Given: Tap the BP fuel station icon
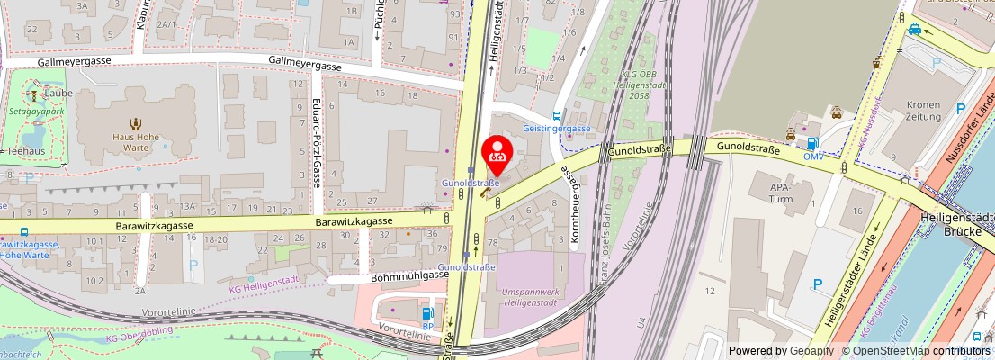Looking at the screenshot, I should tap(427, 313).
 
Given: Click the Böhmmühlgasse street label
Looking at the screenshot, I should tap(409, 277).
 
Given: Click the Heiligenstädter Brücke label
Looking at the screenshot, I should tap(956, 223).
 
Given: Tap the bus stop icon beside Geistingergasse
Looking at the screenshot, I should tap(558, 115).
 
